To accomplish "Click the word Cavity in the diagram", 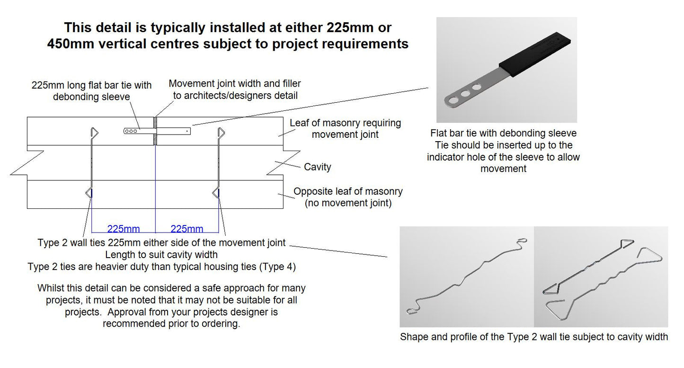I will [x=317, y=167].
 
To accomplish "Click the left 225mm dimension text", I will [x=124, y=229].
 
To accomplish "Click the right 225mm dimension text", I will [x=187, y=229].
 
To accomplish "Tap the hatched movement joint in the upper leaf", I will [x=155, y=131].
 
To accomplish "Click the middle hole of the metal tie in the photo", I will [x=466, y=94].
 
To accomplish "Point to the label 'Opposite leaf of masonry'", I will [x=348, y=192].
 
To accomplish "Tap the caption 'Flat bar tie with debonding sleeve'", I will [x=503, y=133].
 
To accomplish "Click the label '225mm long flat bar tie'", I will [x=91, y=85].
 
